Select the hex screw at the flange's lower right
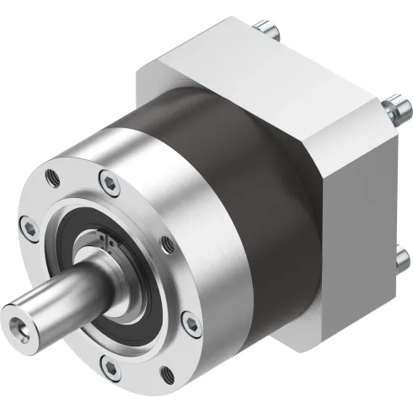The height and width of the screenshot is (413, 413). (190, 323)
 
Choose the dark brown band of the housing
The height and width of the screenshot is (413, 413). (244, 169)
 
